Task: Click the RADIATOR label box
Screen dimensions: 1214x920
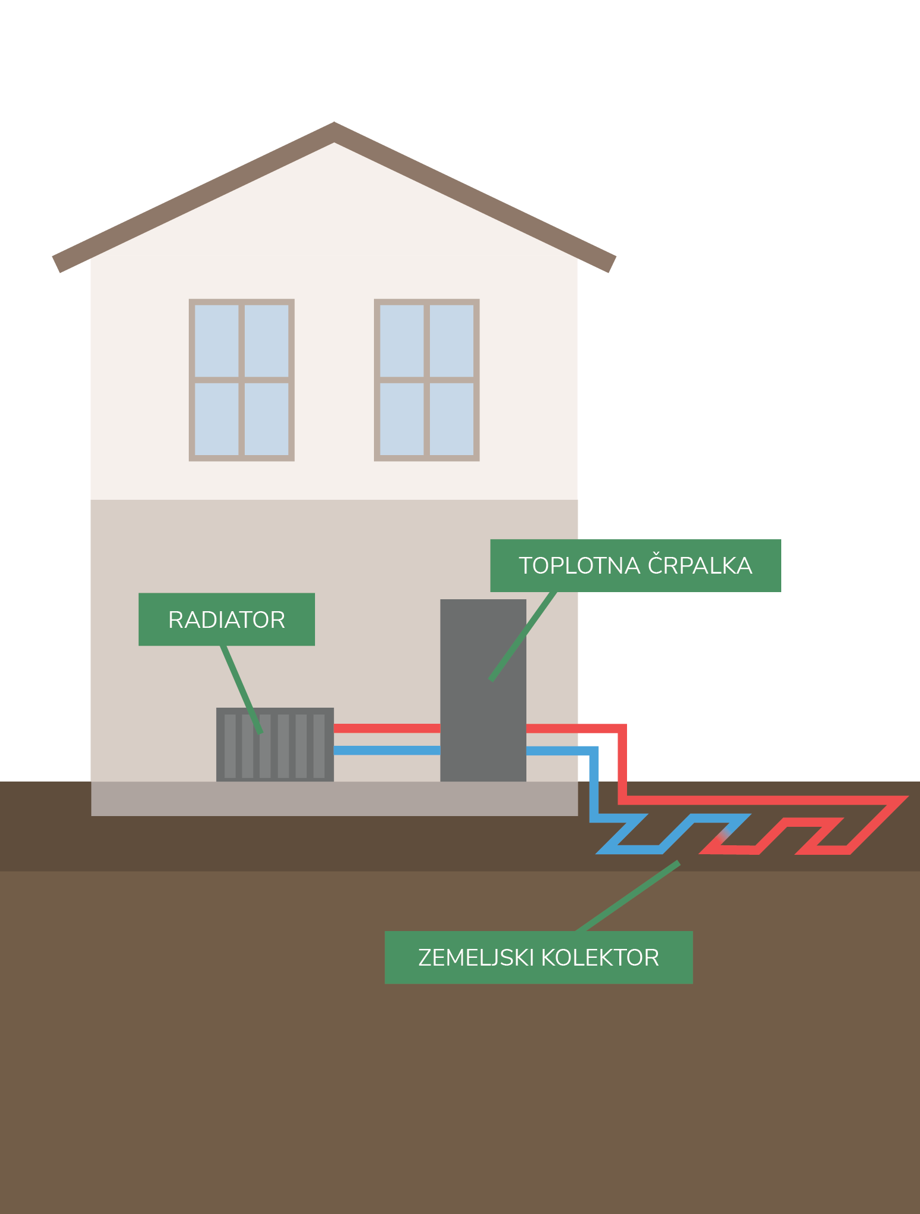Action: pyautogui.click(x=226, y=619)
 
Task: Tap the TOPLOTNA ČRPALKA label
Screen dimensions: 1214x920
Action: pyautogui.click(x=635, y=565)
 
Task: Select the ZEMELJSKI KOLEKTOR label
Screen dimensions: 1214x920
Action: pyautogui.click(x=538, y=957)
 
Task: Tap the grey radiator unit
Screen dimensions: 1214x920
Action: pyautogui.click(x=275, y=745)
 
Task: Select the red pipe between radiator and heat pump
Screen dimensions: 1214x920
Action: pyautogui.click(x=387, y=728)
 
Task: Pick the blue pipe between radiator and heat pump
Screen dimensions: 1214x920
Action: pyautogui.click(x=387, y=751)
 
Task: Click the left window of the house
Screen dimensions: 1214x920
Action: pyautogui.click(x=242, y=380)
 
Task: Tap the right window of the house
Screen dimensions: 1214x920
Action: pyautogui.click(x=427, y=380)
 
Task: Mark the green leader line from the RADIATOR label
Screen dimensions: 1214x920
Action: pyautogui.click(x=241, y=688)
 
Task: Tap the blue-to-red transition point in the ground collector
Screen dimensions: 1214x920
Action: pyautogui.click(x=724, y=834)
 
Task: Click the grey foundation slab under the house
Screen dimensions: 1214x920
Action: pyautogui.click(x=334, y=798)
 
